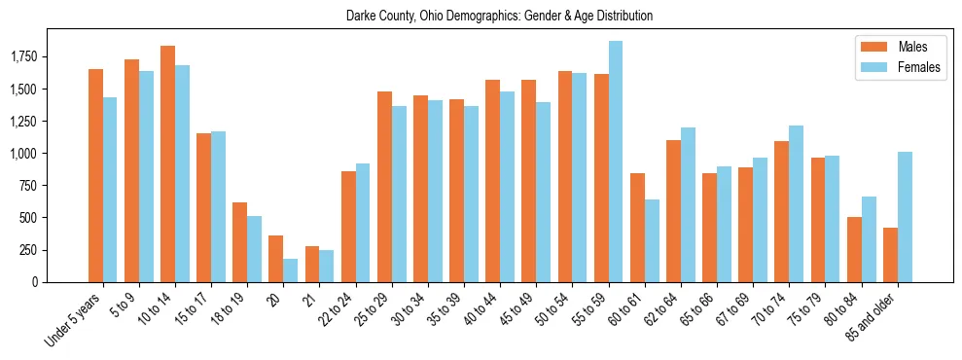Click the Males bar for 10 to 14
point(167,163)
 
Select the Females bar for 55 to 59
point(616,162)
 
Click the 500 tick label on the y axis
point(32,218)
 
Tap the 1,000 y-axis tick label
point(26,154)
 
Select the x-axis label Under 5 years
point(73,321)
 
